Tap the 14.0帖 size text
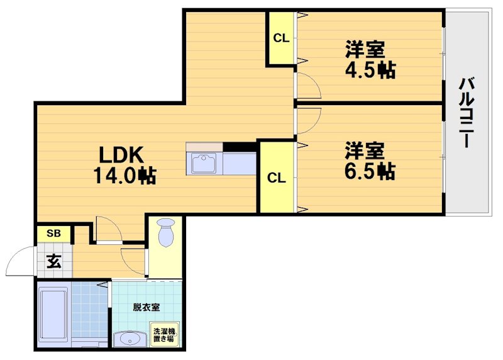pos(125,175)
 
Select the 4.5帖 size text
pos(370,70)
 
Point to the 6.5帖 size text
pos(370,171)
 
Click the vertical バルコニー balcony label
pos(466,112)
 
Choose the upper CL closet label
pos(280,38)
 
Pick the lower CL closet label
pos(276,178)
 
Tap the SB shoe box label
pos(54,233)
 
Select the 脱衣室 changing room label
pos(146,307)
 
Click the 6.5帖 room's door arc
pos(308,120)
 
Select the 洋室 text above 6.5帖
pos(365,150)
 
